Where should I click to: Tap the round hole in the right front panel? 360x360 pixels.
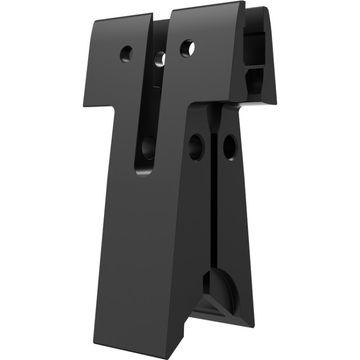[x=187, y=48]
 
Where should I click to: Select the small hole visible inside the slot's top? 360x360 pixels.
[x=160, y=58]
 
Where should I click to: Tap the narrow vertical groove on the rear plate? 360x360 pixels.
[x=216, y=202]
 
